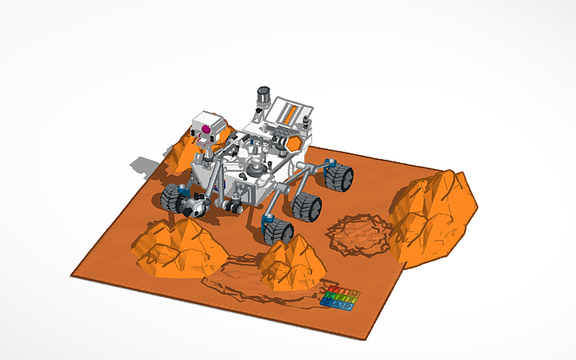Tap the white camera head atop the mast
pos(204,126)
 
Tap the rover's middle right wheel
pos(307,206)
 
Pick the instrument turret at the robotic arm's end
pos(193,207)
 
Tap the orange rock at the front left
pos(176,247)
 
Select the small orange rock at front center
pos(290,261)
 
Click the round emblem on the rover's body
pos(254,168)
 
